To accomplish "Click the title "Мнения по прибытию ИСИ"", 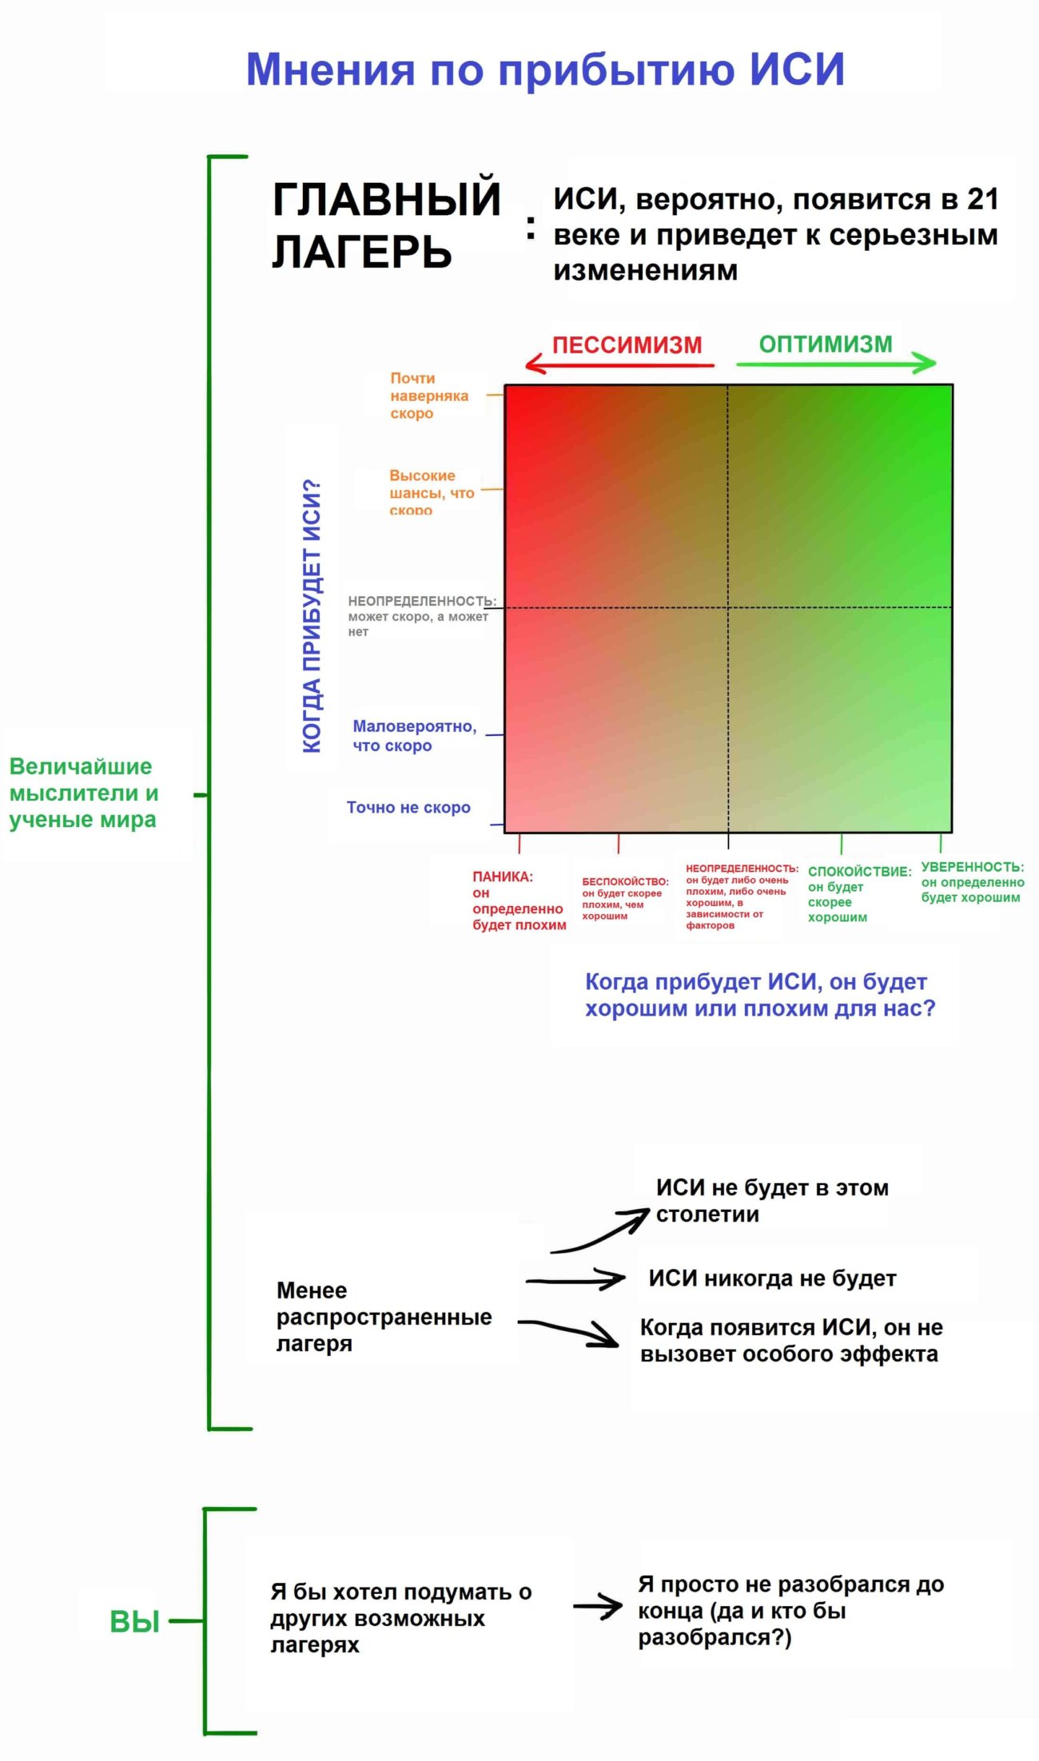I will click(x=545, y=70).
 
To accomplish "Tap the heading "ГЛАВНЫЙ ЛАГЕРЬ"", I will click(x=386, y=225).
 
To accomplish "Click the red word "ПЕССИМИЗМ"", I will click(x=627, y=345).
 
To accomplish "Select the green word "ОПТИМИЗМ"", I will click(x=826, y=344).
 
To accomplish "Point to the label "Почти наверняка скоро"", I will click(x=428, y=396).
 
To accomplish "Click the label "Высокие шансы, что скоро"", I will click(x=432, y=492).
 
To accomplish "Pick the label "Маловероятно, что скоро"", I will click(x=414, y=736).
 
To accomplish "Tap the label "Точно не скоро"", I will click(x=408, y=808).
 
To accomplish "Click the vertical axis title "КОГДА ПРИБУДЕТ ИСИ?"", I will click(x=312, y=615).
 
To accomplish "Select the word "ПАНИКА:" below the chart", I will click(x=502, y=877).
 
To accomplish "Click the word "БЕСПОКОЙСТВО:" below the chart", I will click(x=625, y=881).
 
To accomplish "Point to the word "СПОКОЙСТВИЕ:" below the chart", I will click(x=859, y=872).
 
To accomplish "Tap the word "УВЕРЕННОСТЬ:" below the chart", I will click(x=972, y=867).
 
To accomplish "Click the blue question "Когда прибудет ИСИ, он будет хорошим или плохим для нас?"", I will click(x=759, y=995).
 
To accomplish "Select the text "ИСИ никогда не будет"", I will click(x=772, y=1279).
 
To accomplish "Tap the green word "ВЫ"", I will click(x=135, y=1623).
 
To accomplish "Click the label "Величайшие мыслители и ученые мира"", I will click(x=83, y=793).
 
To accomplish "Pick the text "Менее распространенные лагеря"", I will click(x=384, y=1318).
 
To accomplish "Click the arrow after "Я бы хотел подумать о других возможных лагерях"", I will click(x=598, y=1608).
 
